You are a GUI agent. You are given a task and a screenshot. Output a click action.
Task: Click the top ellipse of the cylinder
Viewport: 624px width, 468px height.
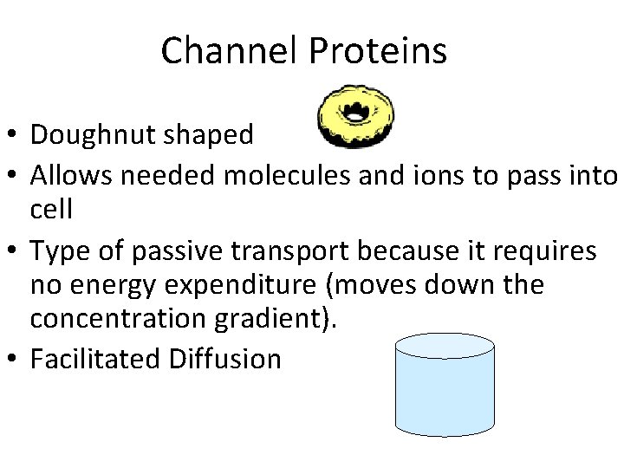445,347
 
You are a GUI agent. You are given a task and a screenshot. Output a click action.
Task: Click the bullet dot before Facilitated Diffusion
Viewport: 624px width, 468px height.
12,359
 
